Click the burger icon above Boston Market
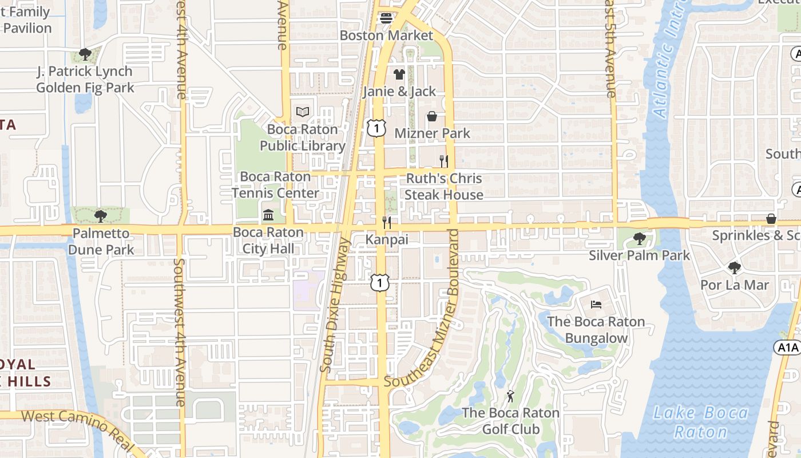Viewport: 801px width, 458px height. (387, 18)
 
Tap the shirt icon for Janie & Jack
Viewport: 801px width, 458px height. (399, 74)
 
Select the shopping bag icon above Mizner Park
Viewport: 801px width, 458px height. (432, 116)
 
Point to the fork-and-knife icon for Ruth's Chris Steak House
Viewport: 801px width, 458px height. (443, 161)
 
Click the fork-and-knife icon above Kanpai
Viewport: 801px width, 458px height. (387, 222)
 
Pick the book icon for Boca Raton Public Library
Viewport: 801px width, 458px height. (302, 112)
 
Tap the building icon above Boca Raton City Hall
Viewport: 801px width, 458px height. (268, 215)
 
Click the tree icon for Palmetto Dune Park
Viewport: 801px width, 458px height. (101, 216)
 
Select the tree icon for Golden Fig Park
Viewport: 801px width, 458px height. (85, 54)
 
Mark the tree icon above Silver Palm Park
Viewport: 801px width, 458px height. (639, 238)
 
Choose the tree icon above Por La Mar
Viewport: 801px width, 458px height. (734, 267)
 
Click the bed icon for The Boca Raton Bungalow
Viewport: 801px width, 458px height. (596, 304)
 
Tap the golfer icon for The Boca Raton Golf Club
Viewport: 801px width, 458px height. (510, 396)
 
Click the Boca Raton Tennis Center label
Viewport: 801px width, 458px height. (275, 185)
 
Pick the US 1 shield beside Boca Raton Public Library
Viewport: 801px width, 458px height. (376, 128)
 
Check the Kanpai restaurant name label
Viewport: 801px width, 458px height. (387, 239)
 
